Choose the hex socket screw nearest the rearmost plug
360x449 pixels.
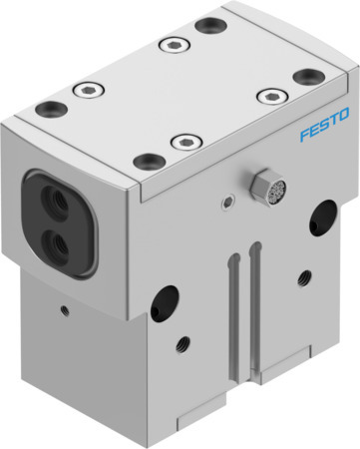tap(172, 46)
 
